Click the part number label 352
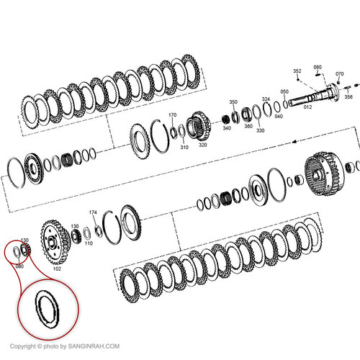pos(297,71)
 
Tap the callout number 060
pos(318,67)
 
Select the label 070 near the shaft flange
pos(339,74)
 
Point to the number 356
pos(348,96)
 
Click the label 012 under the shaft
pos(307,107)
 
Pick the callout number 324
pos(266,99)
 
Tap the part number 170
pos(172,115)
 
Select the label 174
pos(92,212)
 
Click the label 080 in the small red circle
pos(19,266)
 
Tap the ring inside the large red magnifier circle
pos(50,310)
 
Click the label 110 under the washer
pos(89,243)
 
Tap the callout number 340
pos(226,128)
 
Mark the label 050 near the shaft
pos(284,92)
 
